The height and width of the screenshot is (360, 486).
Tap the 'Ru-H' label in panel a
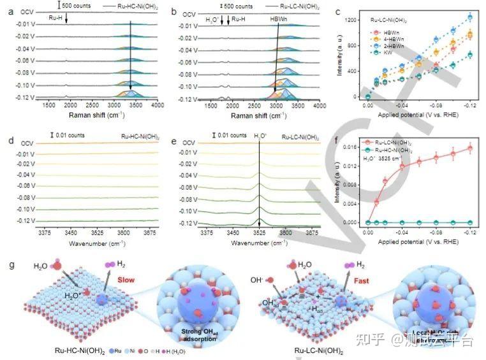point(57,19)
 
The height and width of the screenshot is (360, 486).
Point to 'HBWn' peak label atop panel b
point(279,20)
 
